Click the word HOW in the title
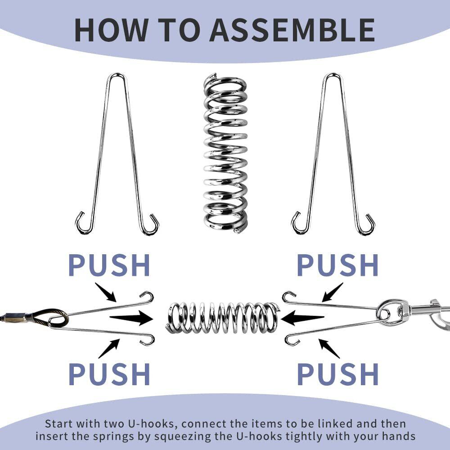pos(111,30)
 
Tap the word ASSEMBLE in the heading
pos(292,30)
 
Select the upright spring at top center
pos(225,153)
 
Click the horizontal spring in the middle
pos(222,318)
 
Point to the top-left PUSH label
pos(109,265)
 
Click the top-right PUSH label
pos(337,265)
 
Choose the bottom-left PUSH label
pos(109,374)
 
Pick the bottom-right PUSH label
pos(337,374)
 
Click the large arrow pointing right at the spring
pos(131,318)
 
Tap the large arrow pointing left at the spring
pos(302,318)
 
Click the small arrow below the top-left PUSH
pos(106,292)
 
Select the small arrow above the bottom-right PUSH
pos(329,348)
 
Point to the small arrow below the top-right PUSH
pos(333,292)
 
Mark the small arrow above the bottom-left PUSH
pos(109,348)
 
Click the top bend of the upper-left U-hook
pos(117,75)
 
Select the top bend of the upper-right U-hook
pos(333,75)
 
